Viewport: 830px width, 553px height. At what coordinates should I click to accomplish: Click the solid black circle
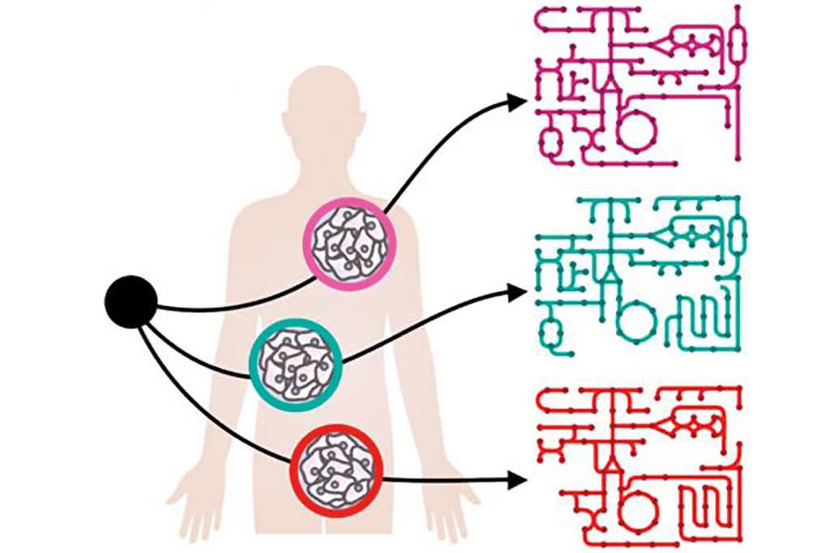point(130,302)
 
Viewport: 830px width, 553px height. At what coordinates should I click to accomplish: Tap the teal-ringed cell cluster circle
point(295,363)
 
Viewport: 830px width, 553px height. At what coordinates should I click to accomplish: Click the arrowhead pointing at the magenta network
point(516,102)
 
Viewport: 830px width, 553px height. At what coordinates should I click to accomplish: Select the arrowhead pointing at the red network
point(516,480)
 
